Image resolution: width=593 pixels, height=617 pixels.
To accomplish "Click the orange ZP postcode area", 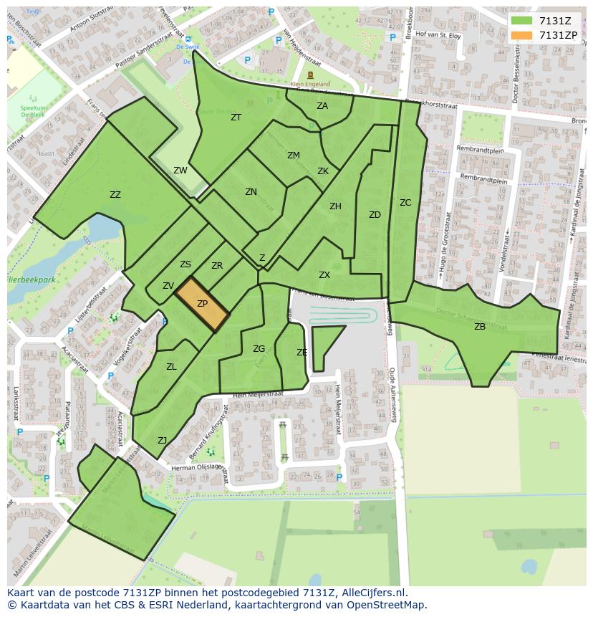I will [202, 305].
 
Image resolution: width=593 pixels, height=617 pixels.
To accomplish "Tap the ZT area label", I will [236, 118].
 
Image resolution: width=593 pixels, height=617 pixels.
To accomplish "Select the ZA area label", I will [322, 106].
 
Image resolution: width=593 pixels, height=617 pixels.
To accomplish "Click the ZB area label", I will [480, 327].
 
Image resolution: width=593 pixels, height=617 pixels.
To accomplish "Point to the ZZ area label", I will [115, 195].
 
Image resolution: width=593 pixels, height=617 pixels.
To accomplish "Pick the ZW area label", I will [180, 171].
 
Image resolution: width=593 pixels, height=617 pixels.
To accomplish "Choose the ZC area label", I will [405, 203].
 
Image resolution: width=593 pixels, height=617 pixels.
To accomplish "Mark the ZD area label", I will [375, 215].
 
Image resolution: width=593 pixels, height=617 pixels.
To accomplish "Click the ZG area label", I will [259, 349].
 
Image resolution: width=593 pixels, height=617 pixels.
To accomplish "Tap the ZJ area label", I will [163, 441].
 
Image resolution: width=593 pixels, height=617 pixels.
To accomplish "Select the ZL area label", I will [171, 367].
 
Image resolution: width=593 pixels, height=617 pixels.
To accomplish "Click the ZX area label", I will [324, 275].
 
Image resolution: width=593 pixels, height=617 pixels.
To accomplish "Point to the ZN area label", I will [251, 192].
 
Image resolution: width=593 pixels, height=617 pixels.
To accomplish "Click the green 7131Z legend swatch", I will [522, 21].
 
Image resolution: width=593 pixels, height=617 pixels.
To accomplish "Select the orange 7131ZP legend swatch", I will [522, 35].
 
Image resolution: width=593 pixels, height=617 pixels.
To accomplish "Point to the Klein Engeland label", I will [310, 84].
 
